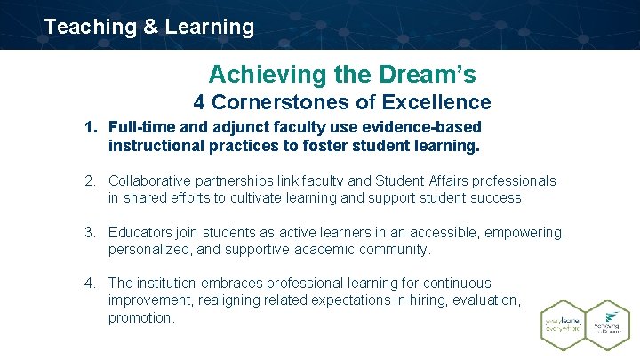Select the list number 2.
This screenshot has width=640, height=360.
(x=90, y=181)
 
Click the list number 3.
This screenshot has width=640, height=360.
(x=90, y=233)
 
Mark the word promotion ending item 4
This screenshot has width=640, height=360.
(x=140, y=318)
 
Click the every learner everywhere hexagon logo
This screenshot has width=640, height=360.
(x=564, y=324)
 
